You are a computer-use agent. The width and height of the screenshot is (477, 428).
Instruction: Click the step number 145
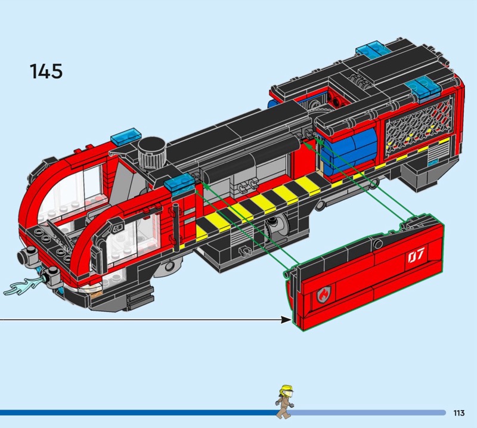pos(46,70)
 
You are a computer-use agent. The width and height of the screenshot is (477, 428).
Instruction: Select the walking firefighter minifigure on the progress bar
pos(284,401)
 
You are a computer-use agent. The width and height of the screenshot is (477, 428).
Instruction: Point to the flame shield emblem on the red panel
pos(324,293)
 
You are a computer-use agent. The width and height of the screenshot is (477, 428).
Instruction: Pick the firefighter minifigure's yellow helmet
pos(287,388)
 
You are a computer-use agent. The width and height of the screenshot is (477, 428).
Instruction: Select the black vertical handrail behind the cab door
pos(176,226)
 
